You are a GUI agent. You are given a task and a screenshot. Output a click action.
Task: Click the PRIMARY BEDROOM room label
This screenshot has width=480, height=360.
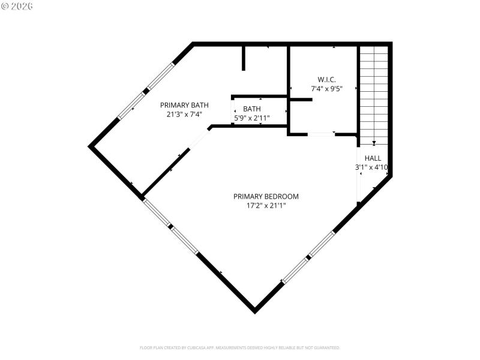click(266, 196)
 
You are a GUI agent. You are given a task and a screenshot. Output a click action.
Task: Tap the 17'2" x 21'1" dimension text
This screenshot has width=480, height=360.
click(266, 206)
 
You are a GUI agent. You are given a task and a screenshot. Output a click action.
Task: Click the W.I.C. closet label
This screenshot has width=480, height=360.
click(326, 79)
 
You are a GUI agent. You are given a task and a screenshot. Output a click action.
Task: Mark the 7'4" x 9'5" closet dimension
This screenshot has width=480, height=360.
click(326, 89)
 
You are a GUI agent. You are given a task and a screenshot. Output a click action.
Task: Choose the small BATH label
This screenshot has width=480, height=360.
click(252, 109)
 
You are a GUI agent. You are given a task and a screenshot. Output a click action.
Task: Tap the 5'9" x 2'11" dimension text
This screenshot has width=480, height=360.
click(252, 118)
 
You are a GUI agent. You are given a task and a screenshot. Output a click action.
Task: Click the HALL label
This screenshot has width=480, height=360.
click(373, 158)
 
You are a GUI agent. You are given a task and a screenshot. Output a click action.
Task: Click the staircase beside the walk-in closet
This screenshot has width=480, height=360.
click(373, 90)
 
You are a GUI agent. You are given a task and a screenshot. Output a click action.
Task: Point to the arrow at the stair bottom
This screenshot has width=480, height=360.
click(374, 143)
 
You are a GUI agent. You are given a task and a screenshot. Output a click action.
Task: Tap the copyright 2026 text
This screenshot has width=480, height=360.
click(17, 6)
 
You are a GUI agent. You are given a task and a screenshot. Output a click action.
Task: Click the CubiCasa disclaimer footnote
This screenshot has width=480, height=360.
click(240, 347)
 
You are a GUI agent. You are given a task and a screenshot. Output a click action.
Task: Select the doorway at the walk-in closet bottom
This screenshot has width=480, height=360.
click(321, 134)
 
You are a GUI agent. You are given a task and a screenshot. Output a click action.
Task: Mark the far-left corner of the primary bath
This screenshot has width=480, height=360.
click(91, 145)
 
